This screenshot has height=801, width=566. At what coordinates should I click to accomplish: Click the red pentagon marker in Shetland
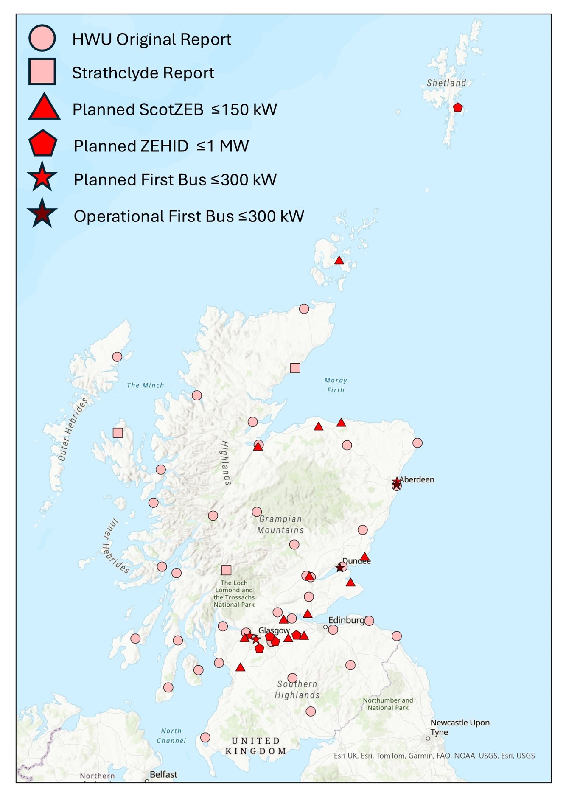coord(457,107)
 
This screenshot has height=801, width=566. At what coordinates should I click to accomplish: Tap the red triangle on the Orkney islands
coord(339,260)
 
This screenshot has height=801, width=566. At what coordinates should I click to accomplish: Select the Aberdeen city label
coord(417,479)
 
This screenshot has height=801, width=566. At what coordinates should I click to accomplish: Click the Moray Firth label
coord(336,385)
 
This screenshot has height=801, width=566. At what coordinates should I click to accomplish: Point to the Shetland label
coord(446,83)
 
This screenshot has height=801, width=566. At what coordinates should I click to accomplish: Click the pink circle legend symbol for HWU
coord(42,38)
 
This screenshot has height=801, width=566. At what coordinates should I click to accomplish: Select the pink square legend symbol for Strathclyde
coord(42,72)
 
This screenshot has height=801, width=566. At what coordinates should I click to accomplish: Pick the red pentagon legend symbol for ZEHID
coord(42,144)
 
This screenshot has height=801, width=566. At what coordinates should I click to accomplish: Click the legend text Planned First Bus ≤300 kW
coord(175,179)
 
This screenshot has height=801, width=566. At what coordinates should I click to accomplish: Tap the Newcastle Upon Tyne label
coord(460,727)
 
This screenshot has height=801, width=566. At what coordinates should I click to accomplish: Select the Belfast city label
coord(163,774)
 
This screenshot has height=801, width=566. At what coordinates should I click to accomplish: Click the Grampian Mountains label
coord(280,524)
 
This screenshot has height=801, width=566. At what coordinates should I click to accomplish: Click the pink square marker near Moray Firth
coord(295,368)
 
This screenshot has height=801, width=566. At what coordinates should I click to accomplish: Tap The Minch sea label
coord(145,385)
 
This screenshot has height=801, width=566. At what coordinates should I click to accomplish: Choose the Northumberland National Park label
coord(388,704)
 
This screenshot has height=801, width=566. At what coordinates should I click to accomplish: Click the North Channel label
coord(171,736)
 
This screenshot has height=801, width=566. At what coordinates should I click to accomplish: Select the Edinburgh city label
coord(346,620)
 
